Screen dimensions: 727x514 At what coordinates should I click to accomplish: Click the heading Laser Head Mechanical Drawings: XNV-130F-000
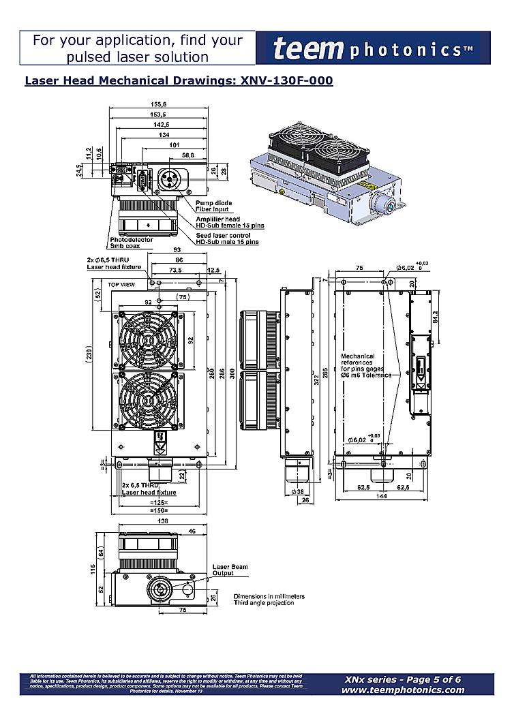tap(179, 81)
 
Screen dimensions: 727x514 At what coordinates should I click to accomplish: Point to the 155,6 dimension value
tap(159, 104)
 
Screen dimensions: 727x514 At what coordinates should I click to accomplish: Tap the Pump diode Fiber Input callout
tap(213, 206)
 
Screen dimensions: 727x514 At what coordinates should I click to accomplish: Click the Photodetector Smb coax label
tap(132, 243)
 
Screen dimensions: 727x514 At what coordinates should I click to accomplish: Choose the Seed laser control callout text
tap(227, 238)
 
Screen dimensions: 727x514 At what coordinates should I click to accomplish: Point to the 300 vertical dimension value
tap(232, 375)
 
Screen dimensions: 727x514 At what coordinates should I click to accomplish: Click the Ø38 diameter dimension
tap(297, 491)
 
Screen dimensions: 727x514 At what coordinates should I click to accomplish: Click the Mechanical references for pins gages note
tap(367, 365)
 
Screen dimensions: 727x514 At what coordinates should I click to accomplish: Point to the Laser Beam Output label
tap(230, 570)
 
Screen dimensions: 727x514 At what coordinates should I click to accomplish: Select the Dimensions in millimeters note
tap(269, 600)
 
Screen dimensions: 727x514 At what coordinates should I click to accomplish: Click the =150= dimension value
tap(158, 510)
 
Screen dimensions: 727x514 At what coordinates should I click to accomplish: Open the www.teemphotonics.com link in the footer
tap(403, 690)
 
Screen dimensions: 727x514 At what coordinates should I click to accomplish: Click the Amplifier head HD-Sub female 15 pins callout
tap(230, 222)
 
